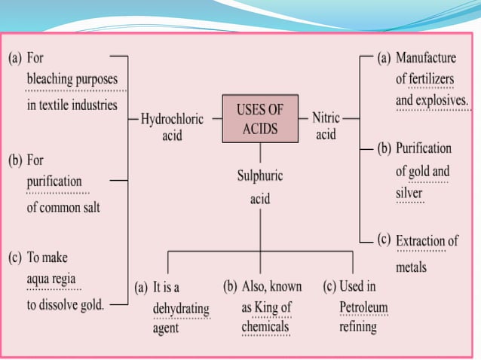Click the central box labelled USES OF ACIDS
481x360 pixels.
260,119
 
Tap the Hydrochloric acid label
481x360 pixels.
171,127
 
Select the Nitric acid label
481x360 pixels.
326,126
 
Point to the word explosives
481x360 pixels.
444,99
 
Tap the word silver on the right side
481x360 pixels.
409,194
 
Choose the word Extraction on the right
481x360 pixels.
421,241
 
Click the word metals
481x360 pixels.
411,267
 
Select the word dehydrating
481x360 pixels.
181,309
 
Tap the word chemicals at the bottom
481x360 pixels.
265,328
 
